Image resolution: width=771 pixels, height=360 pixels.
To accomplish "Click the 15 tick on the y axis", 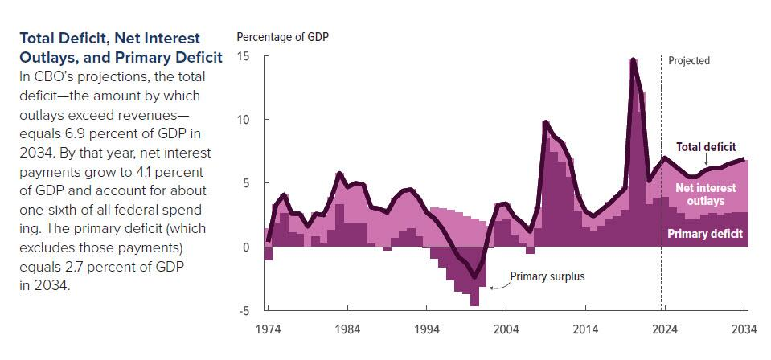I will pos(244,57).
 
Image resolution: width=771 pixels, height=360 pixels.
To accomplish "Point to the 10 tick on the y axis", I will pos(244,120).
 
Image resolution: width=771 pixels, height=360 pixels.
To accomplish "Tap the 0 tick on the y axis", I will pos(247,247).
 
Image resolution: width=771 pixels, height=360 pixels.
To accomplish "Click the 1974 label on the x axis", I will pos(268,329).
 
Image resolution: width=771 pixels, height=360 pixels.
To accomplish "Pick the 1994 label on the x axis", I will pos(427,329).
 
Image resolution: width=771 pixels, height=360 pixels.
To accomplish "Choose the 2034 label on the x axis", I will pos(744,329).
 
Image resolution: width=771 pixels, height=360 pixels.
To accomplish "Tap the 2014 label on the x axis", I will pos(585,329).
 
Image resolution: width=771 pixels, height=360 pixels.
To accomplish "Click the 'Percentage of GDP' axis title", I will pos(282,37).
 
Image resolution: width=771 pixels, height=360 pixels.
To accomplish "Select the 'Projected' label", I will pos(689,61).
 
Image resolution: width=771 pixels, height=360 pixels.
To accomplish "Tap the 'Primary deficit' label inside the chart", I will pos(705,235).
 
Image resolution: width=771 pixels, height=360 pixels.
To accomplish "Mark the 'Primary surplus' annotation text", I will pos(547,276).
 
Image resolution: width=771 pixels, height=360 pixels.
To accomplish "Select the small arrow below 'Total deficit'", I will pos(707,158).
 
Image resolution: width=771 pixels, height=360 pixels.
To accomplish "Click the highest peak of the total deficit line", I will pos(634,60).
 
